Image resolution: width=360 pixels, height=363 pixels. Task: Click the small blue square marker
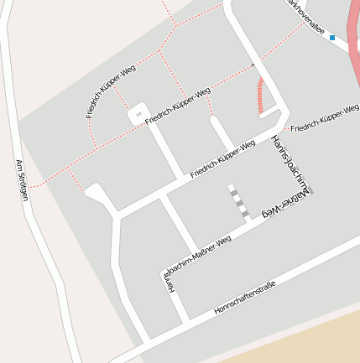[332, 38]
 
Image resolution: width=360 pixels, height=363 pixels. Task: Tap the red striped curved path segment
[261, 96]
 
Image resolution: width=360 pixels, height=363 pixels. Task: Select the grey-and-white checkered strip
[238, 201]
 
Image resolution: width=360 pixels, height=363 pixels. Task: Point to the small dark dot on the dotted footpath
[252, 65]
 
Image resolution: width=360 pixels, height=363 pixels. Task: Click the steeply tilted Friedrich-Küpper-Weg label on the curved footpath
[104, 90]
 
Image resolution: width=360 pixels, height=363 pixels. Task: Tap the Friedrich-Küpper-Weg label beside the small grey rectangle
[177, 106]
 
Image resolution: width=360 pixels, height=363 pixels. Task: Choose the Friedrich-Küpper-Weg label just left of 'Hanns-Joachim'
[222, 158]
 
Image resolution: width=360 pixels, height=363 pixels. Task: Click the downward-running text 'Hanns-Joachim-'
[291, 164]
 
